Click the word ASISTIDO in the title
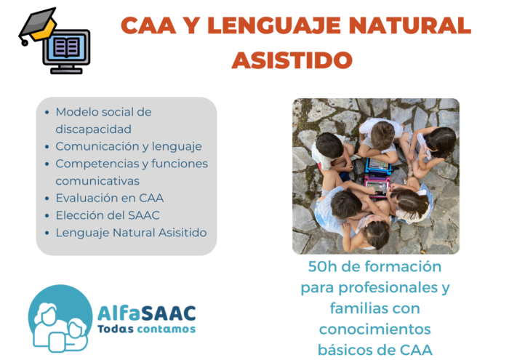click(292, 60)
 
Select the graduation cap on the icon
click(37, 25)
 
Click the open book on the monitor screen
click(67, 47)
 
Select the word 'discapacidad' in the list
click(94, 129)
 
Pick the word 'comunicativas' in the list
click(97, 181)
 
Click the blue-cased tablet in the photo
click(378, 165)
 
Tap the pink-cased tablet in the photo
click(377, 187)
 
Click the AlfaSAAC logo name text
click(146, 314)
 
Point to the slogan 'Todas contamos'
click(146, 329)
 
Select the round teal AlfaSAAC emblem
click(60, 319)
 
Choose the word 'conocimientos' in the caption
click(375, 329)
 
